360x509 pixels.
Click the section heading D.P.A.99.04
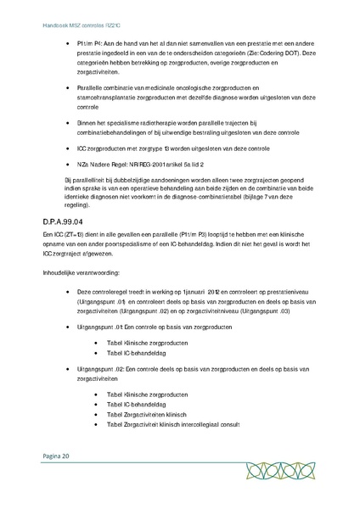(58, 221)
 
